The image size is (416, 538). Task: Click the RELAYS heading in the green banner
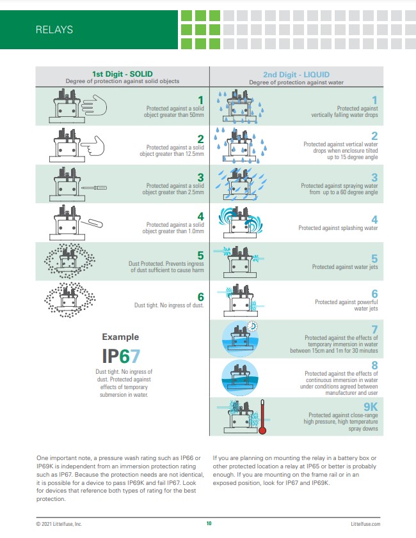[54, 29]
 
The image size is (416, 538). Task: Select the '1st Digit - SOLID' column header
[122, 73]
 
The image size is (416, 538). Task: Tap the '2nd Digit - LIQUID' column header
[296, 73]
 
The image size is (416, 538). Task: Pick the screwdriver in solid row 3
[97, 187]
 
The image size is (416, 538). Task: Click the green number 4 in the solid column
[200, 217]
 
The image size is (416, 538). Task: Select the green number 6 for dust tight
[200, 296]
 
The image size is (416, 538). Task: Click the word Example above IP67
[120, 337]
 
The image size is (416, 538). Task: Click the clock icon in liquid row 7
[254, 326]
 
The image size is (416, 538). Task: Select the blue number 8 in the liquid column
[375, 365]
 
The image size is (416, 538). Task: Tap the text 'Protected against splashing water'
[338, 228]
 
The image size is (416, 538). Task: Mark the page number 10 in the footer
[209, 524]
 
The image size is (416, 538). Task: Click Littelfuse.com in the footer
[366, 524]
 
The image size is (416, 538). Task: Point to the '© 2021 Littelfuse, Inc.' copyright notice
[59, 524]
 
